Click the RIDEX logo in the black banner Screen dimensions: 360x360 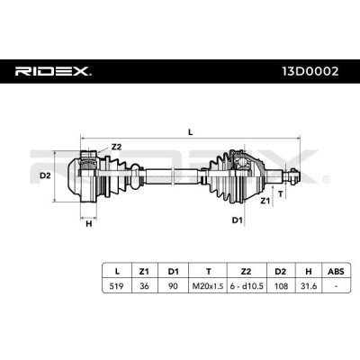[53, 71]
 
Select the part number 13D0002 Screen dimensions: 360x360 [310, 71]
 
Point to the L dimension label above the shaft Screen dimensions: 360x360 [190, 132]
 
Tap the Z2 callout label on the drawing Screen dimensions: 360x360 [116, 147]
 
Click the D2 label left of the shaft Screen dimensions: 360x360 [45, 175]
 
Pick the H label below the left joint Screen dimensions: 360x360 [89, 223]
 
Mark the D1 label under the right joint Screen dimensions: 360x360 [237, 220]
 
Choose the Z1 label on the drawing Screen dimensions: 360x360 [265, 201]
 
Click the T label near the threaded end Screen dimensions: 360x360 [281, 194]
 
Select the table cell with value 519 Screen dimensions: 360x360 [117, 286]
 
